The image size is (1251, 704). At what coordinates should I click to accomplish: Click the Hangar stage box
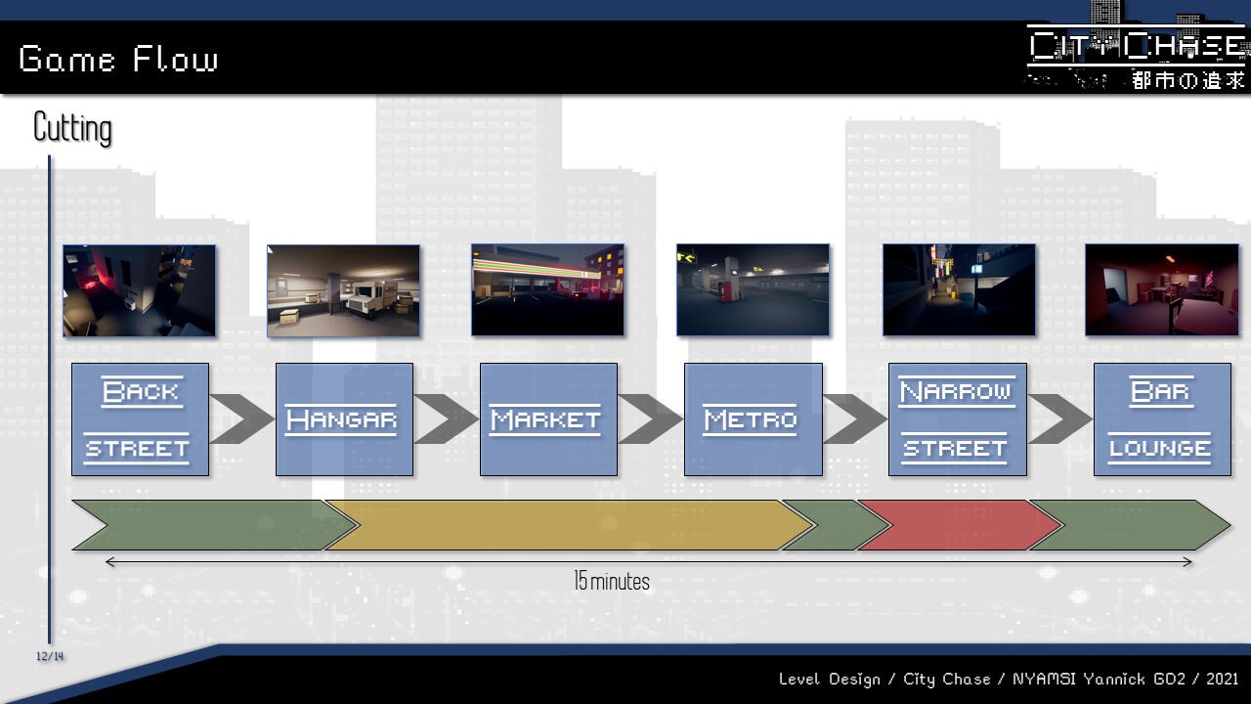coord(344,419)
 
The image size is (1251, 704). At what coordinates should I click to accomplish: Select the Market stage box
coord(548,419)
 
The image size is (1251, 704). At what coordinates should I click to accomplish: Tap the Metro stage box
coord(753,419)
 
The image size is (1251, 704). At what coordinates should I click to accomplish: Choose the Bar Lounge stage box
coord(1161,419)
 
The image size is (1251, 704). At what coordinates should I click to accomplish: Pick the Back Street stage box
coord(140,419)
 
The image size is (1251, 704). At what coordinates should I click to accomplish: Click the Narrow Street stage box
coord(957,419)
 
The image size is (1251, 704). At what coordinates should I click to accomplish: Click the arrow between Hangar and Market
coord(447,419)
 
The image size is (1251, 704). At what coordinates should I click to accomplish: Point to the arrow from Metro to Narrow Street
coord(855,419)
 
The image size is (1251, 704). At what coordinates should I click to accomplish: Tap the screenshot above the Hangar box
coord(343,290)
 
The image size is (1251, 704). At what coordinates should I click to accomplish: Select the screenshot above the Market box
coord(547,290)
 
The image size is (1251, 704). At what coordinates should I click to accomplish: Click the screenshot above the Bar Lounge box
coord(1161,290)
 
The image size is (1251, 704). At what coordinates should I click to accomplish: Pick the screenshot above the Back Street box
coord(139,290)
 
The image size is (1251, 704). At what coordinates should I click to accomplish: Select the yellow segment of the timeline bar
coord(567,525)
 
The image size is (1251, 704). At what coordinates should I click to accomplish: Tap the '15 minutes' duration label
coord(612,582)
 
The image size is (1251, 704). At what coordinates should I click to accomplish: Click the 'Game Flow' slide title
coord(118,60)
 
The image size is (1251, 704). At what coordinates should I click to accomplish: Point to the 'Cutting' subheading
coord(72,128)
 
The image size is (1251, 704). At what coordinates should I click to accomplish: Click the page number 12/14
coord(50,656)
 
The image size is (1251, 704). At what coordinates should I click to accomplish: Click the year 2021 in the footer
coord(1222,679)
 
